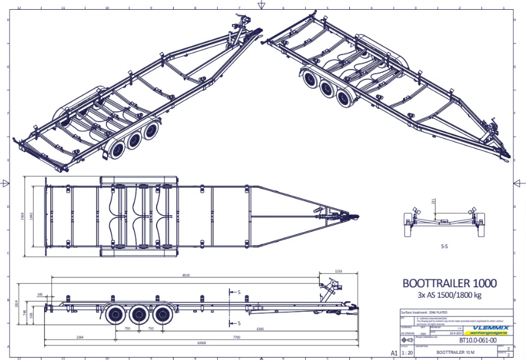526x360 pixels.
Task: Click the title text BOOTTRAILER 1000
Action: click(450, 284)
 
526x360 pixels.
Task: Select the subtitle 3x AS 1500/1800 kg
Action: click(450, 296)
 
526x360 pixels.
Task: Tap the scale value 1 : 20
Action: click(406, 352)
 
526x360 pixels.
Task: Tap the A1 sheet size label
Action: click(394, 353)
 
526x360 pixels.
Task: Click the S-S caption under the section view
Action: click(445, 248)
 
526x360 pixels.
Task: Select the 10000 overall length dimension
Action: click(201, 343)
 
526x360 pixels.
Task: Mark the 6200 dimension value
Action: click(260, 328)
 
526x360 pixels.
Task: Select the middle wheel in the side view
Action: click(138, 315)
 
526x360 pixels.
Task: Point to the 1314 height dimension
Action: click(17, 303)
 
